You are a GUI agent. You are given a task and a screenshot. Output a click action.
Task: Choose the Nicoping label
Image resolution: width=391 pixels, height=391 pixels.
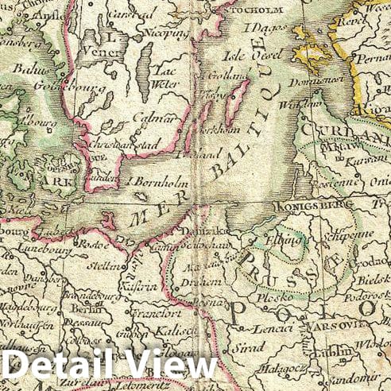(x=165, y=34)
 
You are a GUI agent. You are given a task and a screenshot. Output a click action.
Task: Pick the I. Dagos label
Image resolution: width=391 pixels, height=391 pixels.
(x=260, y=29)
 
